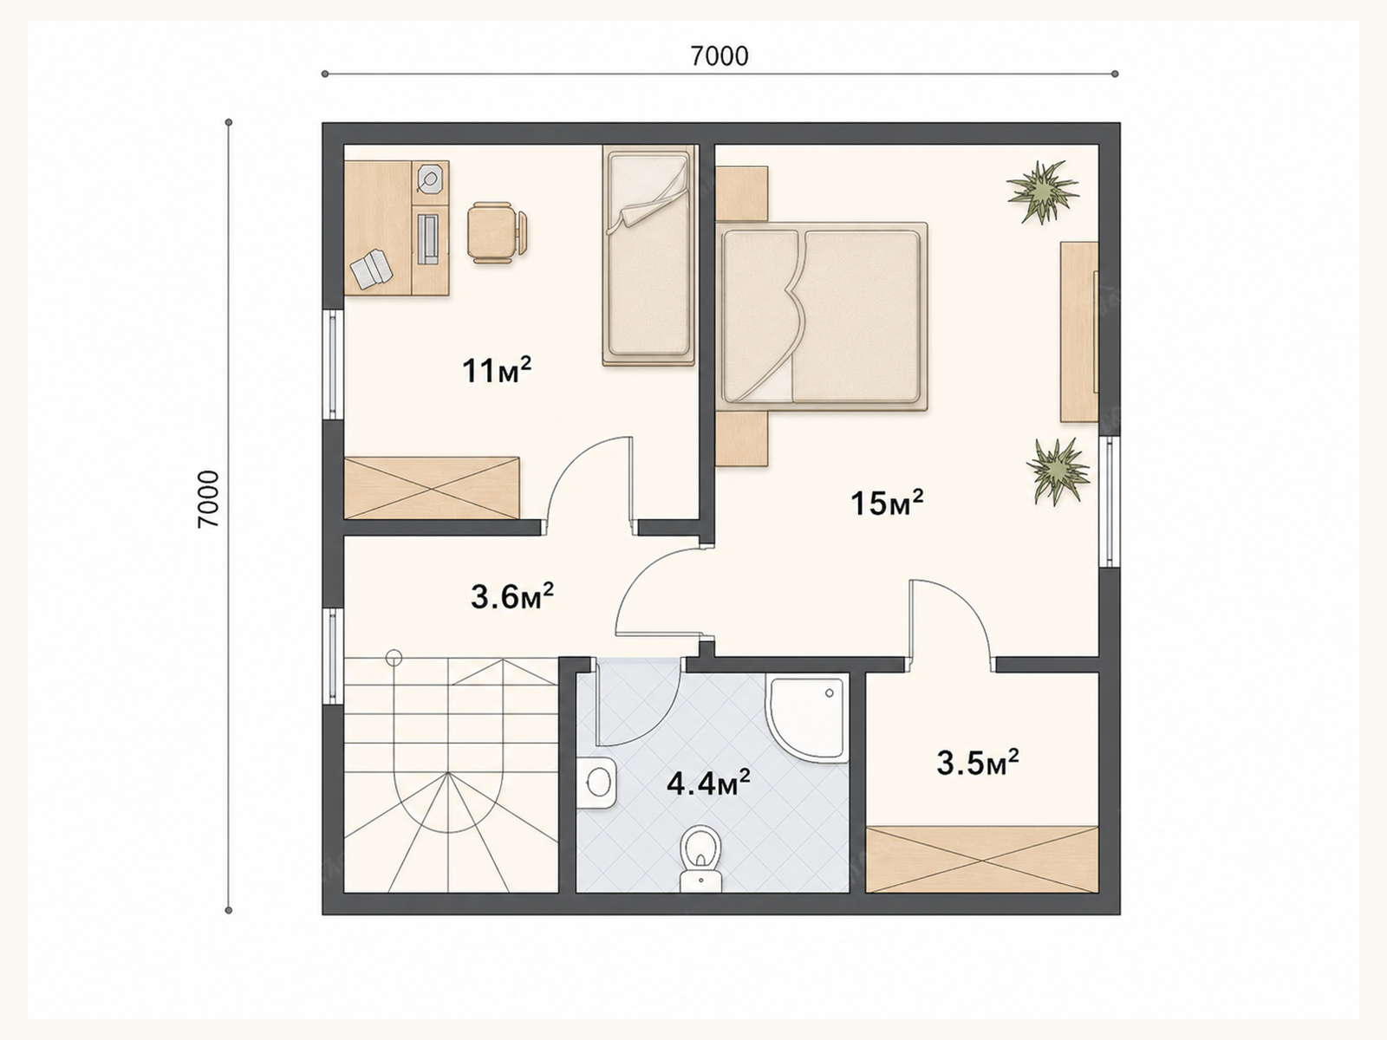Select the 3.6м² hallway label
pyautogui.click(x=511, y=596)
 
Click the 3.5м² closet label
pyautogui.click(x=978, y=763)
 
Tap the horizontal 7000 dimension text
pyautogui.click(x=720, y=56)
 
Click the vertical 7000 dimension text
pyautogui.click(x=209, y=499)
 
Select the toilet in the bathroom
pyautogui.click(x=700, y=859)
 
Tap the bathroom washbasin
pyautogui.click(x=597, y=783)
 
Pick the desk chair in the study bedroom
pyautogui.click(x=497, y=232)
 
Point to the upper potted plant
pyautogui.click(x=1043, y=192)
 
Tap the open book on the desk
pyautogui.click(x=372, y=270)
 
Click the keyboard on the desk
pyautogui.click(x=427, y=238)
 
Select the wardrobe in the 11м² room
pyautogui.click(x=432, y=488)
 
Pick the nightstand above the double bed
pyautogui.click(x=742, y=193)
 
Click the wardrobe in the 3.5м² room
pyautogui.click(x=982, y=859)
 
